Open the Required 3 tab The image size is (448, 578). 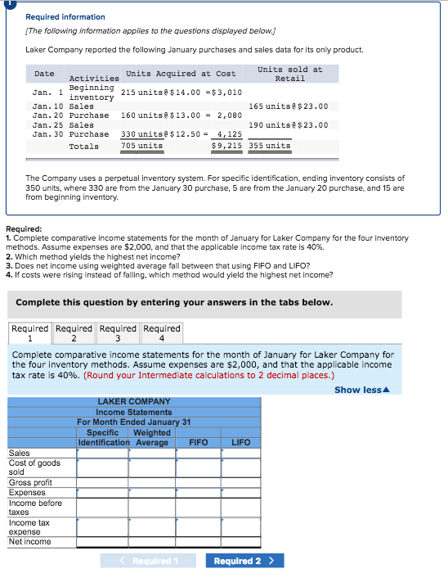pyautogui.click(x=118, y=333)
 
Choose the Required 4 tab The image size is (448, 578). pyautogui.click(x=162, y=333)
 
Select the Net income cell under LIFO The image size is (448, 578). pyautogui.click(x=240, y=541)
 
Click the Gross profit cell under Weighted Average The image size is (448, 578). pyautogui.click(x=151, y=482)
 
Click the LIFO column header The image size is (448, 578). pyautogui.click(x=240, y=442)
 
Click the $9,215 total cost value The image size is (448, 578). pyautogui.click(x=226, y=146)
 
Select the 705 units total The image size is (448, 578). pyautogui.click(x=141, y=146)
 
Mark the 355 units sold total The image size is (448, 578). pyautogui.click(x=270, y=146)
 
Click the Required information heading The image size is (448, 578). pyautogui.click(x=65, y=16)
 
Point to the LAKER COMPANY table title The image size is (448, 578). pyautogui.click(x=134, y=401)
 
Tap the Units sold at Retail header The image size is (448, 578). pyautogui.click(x=289, y=74)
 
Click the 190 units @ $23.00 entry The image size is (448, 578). pyautogui.click(x=289, y=124)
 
